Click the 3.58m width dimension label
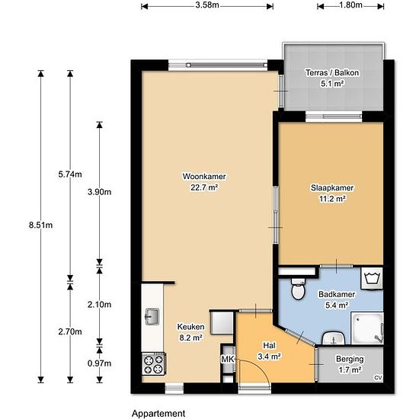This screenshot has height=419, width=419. [207, 5]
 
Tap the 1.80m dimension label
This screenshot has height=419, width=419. [351, 5]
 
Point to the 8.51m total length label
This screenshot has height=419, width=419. [40, 225]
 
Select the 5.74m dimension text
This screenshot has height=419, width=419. [70, 174]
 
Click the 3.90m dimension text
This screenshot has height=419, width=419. [99, 192]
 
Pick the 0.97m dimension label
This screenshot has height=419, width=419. [99, 363]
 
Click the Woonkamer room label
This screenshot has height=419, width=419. [204, 177]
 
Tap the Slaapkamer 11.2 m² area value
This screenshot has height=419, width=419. [332, 199]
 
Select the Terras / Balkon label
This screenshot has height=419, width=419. [332, 72]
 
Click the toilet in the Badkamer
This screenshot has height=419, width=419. [298, 289]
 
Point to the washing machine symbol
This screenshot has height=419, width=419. [372, 278]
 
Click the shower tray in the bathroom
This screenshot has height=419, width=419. [367, 328]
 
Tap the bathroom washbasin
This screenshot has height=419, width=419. [333, 338]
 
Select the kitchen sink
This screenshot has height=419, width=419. [152, 317]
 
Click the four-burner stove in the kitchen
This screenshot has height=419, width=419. [154, 364]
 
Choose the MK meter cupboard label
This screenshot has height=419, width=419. [228, 360]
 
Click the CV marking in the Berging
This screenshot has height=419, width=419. [378, 378]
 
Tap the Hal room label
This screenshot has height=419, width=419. [270, 346]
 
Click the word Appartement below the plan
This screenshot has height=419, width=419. [158, 414]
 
